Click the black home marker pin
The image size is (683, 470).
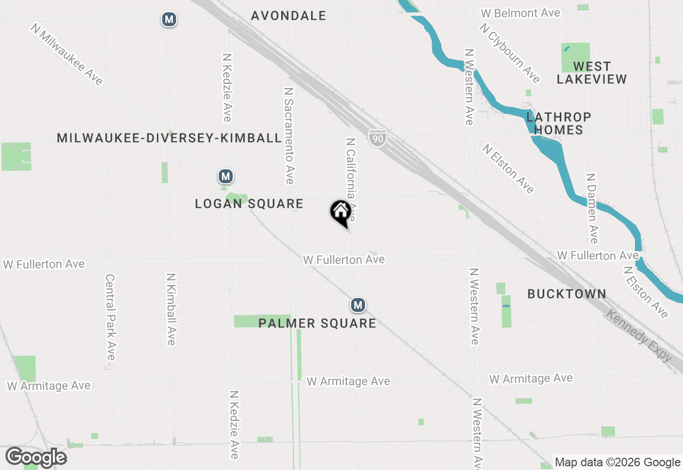click(x=340, y=213)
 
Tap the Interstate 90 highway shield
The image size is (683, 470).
click(x=377, y=138)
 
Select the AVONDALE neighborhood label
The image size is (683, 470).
click(x=289, y=15)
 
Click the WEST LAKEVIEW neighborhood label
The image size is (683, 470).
click(x=592, y=73)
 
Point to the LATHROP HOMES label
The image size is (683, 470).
click(x=558, y=123)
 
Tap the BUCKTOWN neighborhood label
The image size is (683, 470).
click(x=567, y=294)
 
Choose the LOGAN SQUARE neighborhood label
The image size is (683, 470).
click(x=249, y=203)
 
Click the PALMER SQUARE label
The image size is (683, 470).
click(x=317, y=323)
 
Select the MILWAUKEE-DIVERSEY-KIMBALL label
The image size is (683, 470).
click(x=169, y=138)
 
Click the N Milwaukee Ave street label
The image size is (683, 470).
click(x=66, y=54)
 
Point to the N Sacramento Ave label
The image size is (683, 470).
click(x=289, y=136)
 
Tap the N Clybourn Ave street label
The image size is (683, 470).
click(x=510, y=53)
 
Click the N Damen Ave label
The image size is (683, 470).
click(x=592, y=208)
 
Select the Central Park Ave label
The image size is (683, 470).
click(x=110, y=317)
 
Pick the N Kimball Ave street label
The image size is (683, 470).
click(x=171, y=309)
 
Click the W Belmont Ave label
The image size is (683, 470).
click(x=520, y=13)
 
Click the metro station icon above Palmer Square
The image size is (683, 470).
click(x=358, y=305)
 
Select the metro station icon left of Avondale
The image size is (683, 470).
click(x=169, y=20)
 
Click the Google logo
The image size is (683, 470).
click(x=36, y=457)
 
